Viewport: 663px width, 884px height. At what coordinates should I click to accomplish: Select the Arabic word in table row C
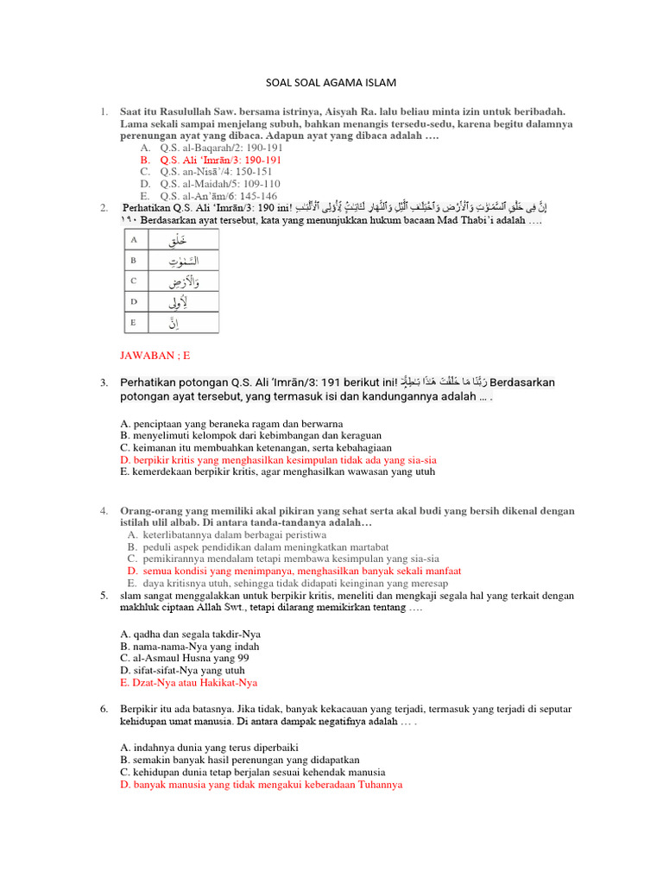point(182,281)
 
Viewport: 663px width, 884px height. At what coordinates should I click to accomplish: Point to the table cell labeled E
point(133,323)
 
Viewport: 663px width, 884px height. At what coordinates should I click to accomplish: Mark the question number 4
point(103,511)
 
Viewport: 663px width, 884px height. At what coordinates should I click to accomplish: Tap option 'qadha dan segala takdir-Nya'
point(190,634)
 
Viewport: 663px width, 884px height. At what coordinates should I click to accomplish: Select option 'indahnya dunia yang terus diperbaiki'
point(210,747)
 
